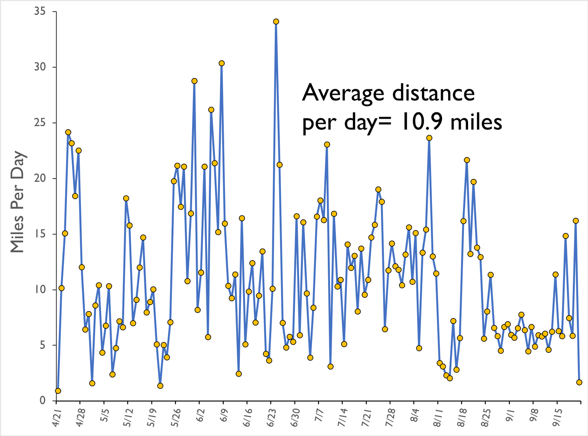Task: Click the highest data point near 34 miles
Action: point(276,22)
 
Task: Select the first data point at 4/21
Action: point(58,391)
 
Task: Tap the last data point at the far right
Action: point(579,382)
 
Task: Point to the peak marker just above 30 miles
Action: point(221,63)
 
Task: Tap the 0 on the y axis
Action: point(43,401)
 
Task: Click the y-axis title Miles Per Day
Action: point(18,202)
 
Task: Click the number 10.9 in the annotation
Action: point(421,122)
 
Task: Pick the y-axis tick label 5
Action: point(43,346)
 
